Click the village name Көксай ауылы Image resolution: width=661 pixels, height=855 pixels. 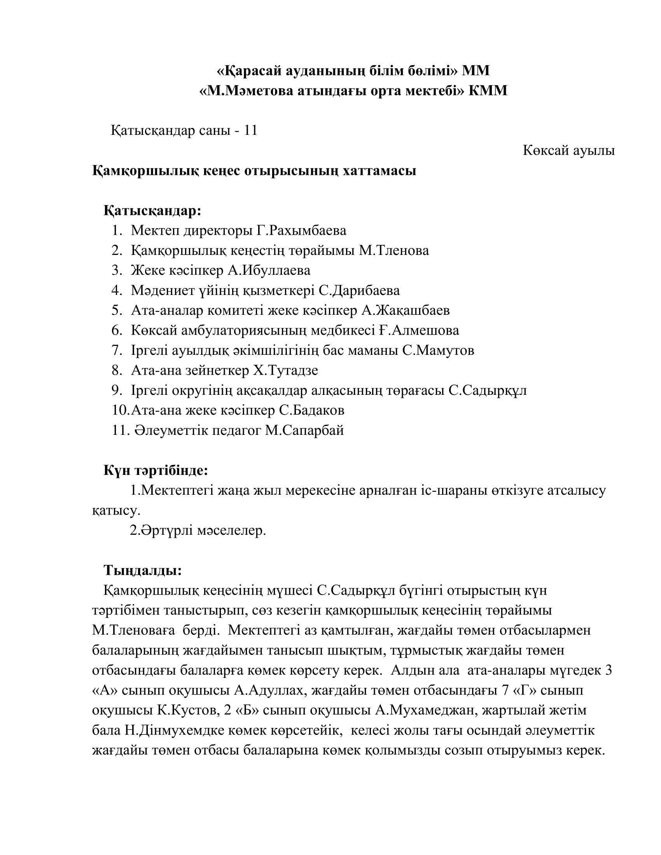pyautogui.click(x=568, y=150)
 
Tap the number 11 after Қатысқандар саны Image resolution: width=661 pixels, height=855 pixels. pyautogui.click(x=251, y=130)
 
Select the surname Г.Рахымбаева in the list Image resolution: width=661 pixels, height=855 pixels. pyautogui.click(x=301, y=230)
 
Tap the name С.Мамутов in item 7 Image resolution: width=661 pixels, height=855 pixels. pyautogui.click(x=438, y=350)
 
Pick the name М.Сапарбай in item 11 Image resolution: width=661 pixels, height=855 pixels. pyautogui.click(x=304, y=430)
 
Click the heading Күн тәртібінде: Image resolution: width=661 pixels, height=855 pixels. pyautogui.click(x=156, y=470)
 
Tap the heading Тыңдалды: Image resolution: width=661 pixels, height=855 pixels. pyautogui.click(x=143, y=570)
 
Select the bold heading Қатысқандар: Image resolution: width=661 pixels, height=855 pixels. pyautogui.click(x=152, y=211)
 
